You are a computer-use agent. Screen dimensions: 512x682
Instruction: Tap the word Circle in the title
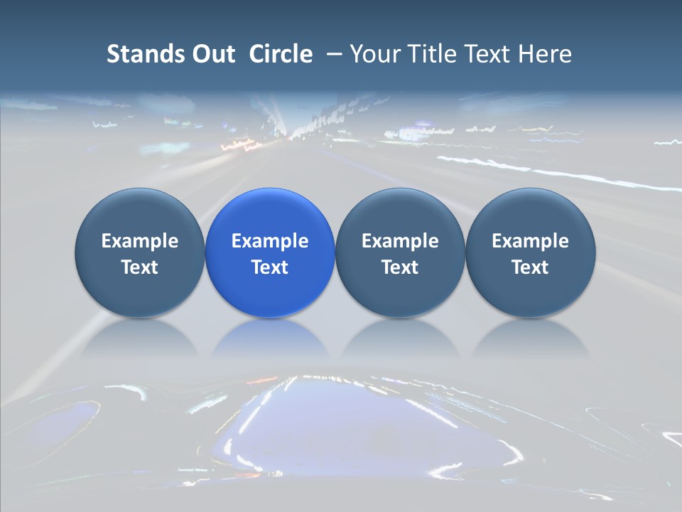(x=281, y=54)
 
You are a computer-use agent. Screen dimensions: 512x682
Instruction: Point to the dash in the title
(x=335, y=54)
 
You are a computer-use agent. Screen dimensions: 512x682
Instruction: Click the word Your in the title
(x=376, y=54)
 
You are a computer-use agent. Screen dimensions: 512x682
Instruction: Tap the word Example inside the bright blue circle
(x=270, y=241)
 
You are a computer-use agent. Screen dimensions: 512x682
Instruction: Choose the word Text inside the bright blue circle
(x=270, y=267)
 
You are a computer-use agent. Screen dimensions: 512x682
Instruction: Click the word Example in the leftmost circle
(x=140, y=241)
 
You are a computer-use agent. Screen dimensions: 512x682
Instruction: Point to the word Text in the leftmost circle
(x=140, y=267)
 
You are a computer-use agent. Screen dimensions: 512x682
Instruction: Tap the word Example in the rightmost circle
(x=531, y=241)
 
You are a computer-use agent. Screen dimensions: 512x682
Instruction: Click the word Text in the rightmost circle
(x=531, y=267)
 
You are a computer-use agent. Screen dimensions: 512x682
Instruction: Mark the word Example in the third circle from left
(x=400, y=241)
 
